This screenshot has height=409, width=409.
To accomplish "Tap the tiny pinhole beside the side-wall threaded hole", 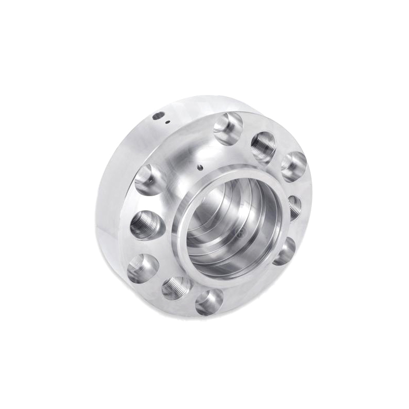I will pyautogui.click(x=168, y=123).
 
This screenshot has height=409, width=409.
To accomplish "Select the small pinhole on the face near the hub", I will pyautogui.click(x=199, y=167).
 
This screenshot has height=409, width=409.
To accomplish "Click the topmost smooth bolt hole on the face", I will pyautogui.click(x=228, y=127).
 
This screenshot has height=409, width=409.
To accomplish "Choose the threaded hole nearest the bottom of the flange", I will pyautogui.click(x=176, y=287).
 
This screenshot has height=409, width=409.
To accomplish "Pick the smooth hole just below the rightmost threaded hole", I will pyautogui.click(x=284, y=250).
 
